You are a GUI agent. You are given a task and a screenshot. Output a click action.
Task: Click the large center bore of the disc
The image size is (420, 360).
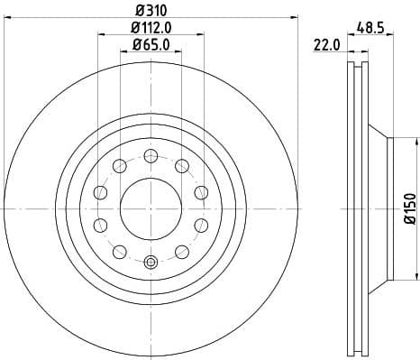[151, 207]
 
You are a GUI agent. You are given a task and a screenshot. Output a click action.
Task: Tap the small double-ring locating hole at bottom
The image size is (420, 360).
[151, 263]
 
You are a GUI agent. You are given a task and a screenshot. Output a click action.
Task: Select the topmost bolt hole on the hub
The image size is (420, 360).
[151, 154]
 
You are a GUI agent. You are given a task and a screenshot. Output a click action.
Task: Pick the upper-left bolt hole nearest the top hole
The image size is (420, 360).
[119, 164]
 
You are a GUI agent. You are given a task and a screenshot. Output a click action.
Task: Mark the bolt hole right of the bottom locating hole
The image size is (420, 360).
[182, 250]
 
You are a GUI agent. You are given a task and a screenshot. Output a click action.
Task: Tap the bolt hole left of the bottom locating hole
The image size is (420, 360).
[119, 250]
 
